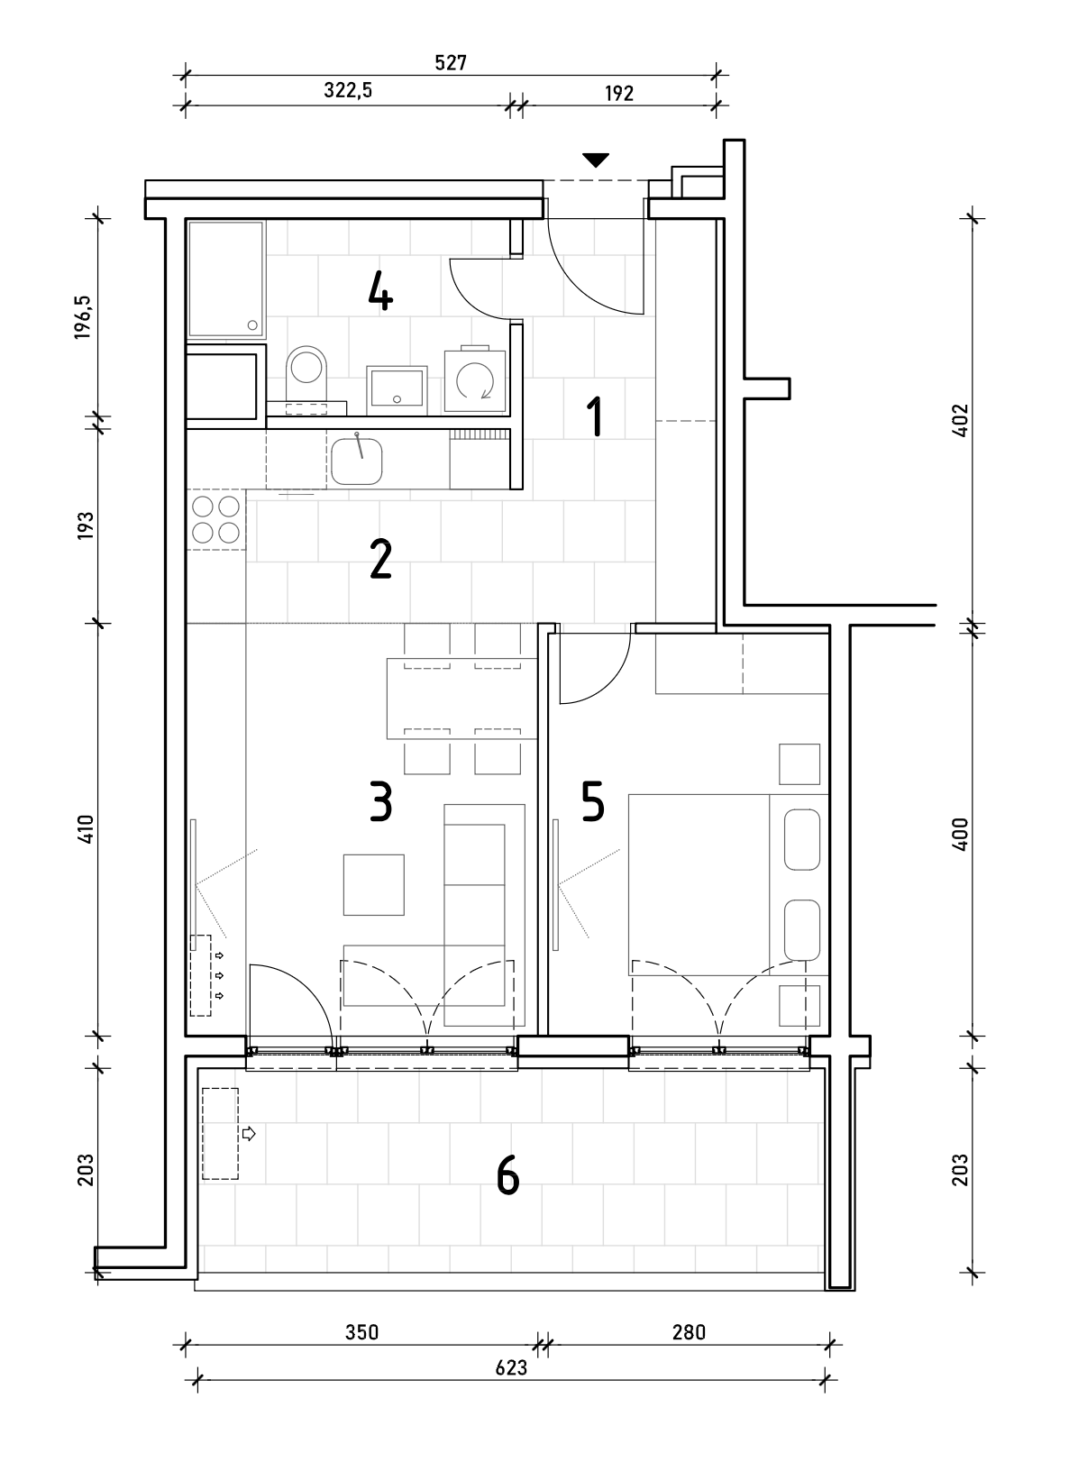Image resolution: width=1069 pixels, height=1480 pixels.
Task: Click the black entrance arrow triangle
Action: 595,160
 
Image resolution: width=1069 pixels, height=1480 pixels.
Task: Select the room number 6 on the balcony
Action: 507,1176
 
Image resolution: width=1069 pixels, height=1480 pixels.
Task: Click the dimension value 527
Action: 451,63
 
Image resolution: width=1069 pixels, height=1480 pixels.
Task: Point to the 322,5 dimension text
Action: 348,90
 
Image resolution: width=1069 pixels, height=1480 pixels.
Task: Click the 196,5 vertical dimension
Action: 84,318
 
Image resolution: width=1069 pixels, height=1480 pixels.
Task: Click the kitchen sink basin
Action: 357,461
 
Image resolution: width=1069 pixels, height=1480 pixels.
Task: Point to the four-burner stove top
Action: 216,519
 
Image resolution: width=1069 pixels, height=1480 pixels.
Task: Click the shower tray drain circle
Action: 251,325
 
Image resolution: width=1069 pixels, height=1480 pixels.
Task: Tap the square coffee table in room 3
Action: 374,885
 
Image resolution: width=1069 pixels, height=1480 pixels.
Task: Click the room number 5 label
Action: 593,802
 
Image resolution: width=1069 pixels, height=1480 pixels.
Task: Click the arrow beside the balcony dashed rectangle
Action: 249,1134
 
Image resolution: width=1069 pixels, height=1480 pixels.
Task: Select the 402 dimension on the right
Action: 961,420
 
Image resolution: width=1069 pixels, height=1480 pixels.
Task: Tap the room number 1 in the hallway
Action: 595,416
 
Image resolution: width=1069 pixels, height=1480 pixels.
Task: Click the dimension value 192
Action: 619,94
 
